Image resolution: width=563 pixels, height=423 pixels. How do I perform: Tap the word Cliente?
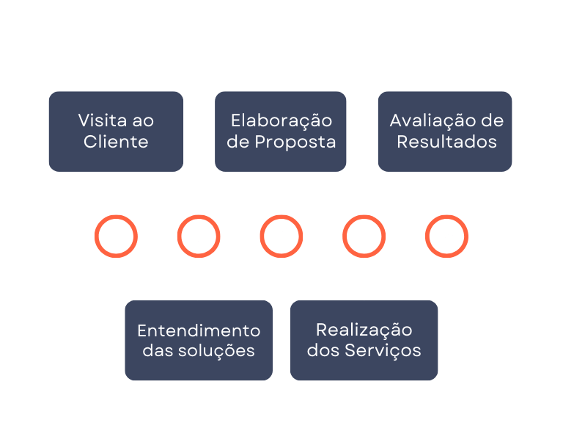(x=116, y=142)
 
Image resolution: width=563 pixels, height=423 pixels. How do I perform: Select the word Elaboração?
(x=281, y=120)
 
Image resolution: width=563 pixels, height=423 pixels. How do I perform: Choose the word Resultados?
(x=446, y=142)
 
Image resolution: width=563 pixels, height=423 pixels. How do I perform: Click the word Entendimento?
(x=199, y=330)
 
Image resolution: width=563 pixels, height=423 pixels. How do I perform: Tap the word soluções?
(x=216, y=351)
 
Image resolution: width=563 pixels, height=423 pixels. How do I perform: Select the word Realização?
(x=364, y=330)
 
